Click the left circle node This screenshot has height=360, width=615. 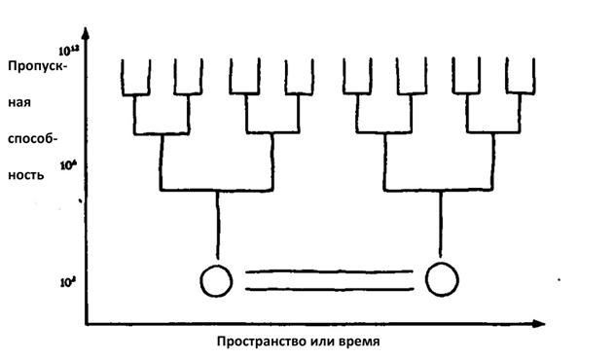[217, 281]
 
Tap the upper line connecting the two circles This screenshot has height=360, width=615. [329, 273]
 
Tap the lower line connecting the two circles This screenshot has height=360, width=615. [329, 289]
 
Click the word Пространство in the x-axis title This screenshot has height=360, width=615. [258, 342]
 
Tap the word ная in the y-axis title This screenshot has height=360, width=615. [26, 100]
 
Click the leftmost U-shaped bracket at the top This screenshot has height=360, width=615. [134, 78]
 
